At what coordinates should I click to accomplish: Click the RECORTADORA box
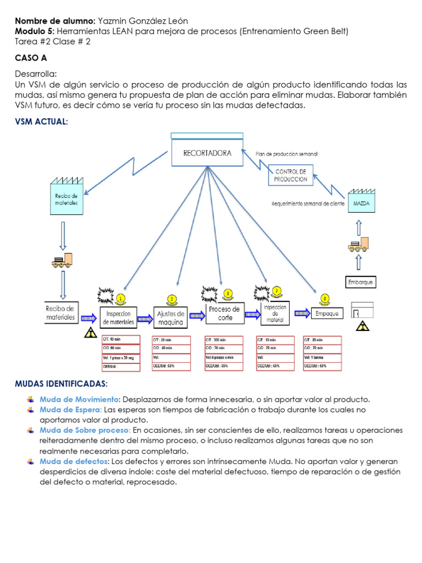(x=207, y=153)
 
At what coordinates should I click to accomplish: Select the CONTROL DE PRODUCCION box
(x=291, y=175)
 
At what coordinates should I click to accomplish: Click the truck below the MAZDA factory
(x=358, y=245)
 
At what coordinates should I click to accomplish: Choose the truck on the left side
(x=62, y=259)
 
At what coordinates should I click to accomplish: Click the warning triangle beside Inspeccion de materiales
(x=89, y=333)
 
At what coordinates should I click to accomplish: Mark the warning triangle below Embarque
(x=362, y=327)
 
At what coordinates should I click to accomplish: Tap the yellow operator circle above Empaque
(x=325, y=299)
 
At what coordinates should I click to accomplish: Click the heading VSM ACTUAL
(x=41, y=122)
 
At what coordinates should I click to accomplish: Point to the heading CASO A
(x=30, y=57)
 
